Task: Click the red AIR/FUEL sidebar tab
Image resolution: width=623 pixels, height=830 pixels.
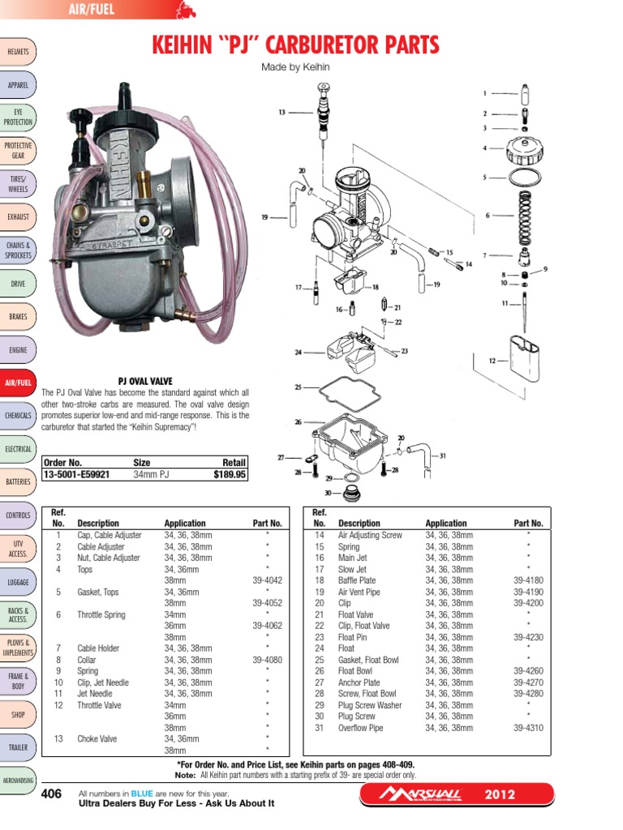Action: click(18, 383)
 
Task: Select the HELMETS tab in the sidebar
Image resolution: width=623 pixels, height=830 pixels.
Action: click(18, 52)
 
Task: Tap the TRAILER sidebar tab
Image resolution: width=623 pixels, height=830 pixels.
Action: click(18, 747)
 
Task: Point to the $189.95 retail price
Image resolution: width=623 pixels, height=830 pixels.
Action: click(229, 476)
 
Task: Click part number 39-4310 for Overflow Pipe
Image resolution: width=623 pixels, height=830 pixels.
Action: click(528, 728)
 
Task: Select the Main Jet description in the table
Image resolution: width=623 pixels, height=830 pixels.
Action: click(353, 558)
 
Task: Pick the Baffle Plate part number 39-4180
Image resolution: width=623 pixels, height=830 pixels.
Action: click(528, 580)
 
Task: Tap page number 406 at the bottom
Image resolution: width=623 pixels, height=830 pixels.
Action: click(52, 794)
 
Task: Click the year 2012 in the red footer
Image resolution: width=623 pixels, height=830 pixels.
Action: click(500, 794)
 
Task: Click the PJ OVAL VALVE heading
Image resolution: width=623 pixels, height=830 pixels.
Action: click(145, 381)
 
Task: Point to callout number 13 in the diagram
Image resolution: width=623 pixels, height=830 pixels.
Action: click(281, 113)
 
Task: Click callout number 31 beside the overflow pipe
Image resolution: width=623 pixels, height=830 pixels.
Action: click(443, 456)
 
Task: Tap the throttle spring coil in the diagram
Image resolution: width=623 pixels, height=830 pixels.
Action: click(526, 216)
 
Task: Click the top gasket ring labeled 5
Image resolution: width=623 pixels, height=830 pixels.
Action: click(525, 176)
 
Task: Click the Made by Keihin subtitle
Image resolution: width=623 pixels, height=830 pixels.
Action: click(296, 67)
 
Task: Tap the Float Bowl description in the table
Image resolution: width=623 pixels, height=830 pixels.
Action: click(355, 671)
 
